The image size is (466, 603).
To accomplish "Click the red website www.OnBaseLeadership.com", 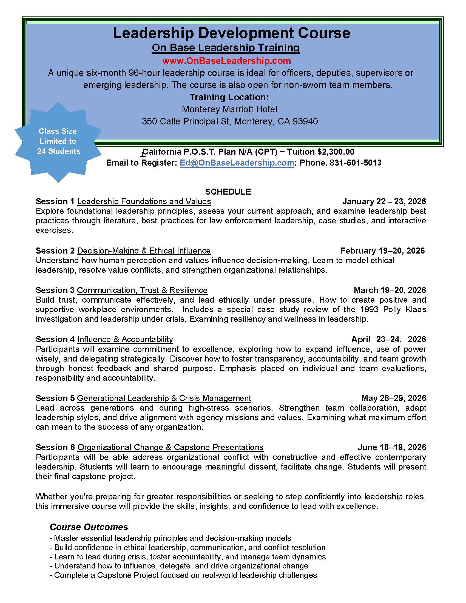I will tap(226, 61).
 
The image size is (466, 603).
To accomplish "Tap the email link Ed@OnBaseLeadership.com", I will tap(237, 163).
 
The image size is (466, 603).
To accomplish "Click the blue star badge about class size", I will tap(58, 141).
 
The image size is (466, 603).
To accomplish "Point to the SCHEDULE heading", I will tap(228, 192).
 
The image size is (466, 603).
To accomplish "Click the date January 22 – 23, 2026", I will tap(384, 201).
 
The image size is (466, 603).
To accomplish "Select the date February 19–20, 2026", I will tap(382, 251).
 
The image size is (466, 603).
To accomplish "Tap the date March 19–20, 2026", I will tap(390, 290).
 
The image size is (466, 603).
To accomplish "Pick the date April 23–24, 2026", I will tap(388, 339).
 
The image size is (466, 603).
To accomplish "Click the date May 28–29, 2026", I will tap(393, 398).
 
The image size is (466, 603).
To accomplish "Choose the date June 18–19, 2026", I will tap(392, 447).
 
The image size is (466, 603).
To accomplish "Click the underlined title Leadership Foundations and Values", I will tap(144, 201).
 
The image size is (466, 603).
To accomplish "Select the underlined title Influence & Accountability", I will tap(125, 339).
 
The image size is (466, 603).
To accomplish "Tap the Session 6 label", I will tap(55, 447).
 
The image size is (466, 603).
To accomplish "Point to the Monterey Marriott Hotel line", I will tap(229, 109).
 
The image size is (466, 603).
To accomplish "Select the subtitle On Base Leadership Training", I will tap(226, 48).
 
